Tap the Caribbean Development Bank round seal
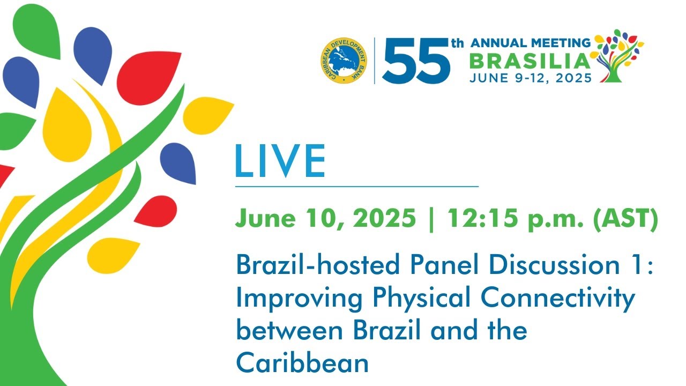click(x=344, y=61)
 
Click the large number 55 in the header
click(x=416, y=61)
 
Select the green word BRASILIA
click(x=530, y=61)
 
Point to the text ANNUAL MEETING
click(x=531, y=43)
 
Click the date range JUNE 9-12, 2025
click(x=531, y=78)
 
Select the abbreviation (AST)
click(x=625, y=218)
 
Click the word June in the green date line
click(x=265, y=218)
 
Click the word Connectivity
click(x=558, y=299)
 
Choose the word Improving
click(x=299, y=299)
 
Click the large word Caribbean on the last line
click(x=302, y=362)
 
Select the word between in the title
click(x=289, y=331)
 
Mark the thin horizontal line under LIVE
click(x=357, y=186)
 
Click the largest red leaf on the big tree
click(x=149, y=78)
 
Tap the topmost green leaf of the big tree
click(x=37, y=31)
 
